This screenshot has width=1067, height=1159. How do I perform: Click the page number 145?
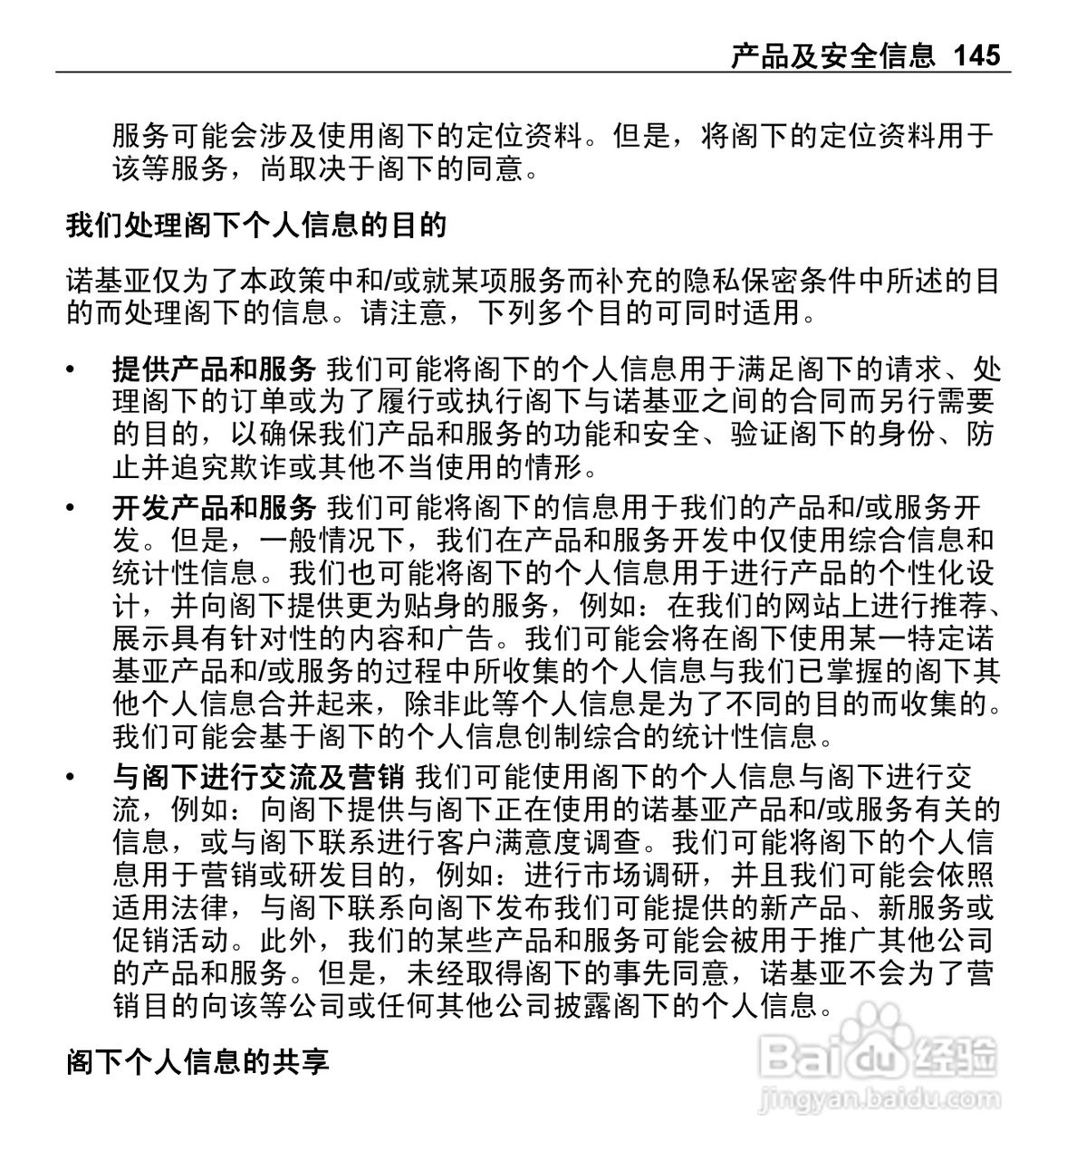(976, 56)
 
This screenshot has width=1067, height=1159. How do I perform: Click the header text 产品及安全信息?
(832, 56)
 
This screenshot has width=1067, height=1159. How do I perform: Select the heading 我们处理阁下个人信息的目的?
(256, 225)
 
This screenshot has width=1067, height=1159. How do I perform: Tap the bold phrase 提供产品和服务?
(214, 369)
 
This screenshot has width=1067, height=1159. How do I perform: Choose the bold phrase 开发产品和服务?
(214, 508)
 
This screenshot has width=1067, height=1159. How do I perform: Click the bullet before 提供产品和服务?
(72, 370)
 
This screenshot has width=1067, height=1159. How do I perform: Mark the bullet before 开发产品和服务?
(72, 509)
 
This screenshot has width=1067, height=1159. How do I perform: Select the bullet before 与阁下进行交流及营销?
(72, 778)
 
